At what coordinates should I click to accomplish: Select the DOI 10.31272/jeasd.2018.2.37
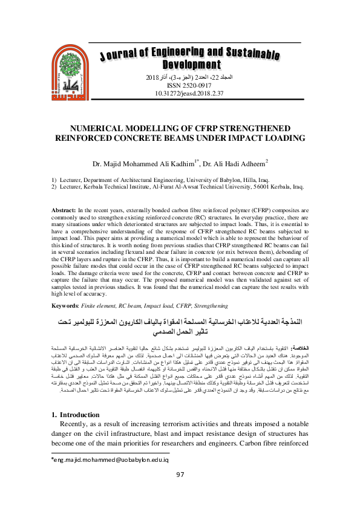[x=181, y=94]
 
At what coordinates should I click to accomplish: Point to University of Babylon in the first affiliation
[x=211, y=180]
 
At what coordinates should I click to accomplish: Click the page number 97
[x=180, y=491]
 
